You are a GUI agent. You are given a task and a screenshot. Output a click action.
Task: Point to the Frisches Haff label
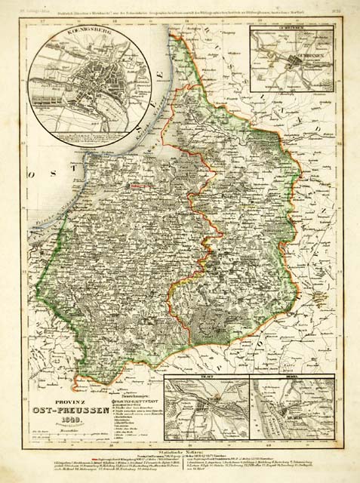pyautogui.click(x=57, y=226)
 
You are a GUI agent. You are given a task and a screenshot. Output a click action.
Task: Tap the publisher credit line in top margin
pyautogui.click(x=181, y=9)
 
